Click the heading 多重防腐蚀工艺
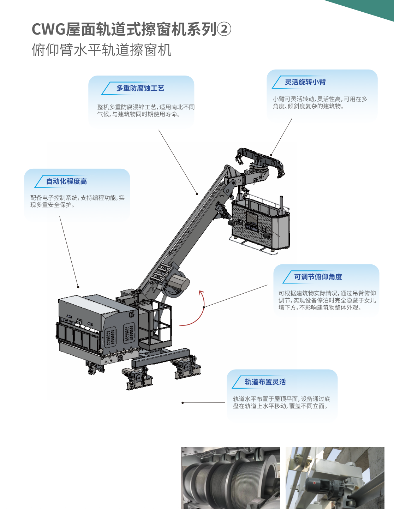click(x=140, y=88)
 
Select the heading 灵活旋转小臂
click(x=305, y=82)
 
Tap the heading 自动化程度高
click(x=66, y=181)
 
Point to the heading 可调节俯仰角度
click(x=318, y=277)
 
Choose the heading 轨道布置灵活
click(x=265, y=382)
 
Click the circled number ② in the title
click(x=224, y=29)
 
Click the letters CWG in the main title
click(x=48, y=30)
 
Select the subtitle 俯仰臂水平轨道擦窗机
click(x=102, y=50)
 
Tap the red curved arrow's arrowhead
click(x=201, y=293)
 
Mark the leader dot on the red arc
click(x=204, y=307)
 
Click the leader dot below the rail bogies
click(x=183, y=403)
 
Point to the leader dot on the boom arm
click(x=197, y=194)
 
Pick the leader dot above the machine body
click(x=78, y=287)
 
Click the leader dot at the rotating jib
click(x=271, y=155)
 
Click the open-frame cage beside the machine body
click(x=152, y=324)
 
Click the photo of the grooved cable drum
click(x=231, y=478)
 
